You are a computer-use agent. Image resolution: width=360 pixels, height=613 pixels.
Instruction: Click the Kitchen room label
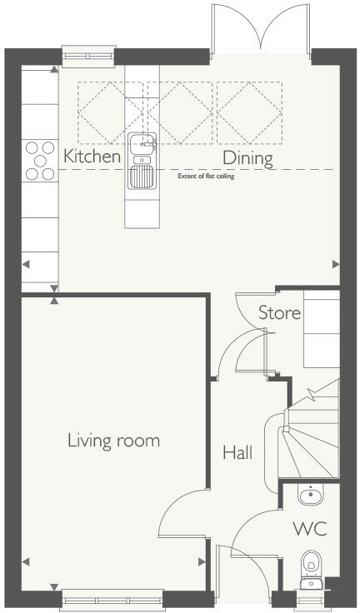click(92, 156)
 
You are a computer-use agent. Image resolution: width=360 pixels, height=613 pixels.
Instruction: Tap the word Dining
click(247, 158)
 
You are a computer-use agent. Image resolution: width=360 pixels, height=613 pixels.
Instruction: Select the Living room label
click(113, 440)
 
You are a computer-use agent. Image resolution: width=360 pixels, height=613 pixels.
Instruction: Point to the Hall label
click(237, 453)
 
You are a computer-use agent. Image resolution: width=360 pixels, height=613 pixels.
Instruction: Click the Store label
click(279, 314)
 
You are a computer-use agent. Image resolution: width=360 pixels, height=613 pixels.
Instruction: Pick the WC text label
click(308, 529)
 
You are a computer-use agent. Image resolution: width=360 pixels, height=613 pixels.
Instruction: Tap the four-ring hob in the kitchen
click(38, 160)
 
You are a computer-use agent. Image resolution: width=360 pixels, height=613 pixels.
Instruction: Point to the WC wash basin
click(309, 496)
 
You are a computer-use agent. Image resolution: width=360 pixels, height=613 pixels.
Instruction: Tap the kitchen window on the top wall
click(86, 56)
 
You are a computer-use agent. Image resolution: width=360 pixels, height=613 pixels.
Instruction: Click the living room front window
click(112, 596)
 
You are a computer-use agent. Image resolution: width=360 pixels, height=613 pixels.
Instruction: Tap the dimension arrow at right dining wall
click(336, 264)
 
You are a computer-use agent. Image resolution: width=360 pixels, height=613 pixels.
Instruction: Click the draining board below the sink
click(142, 176)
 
